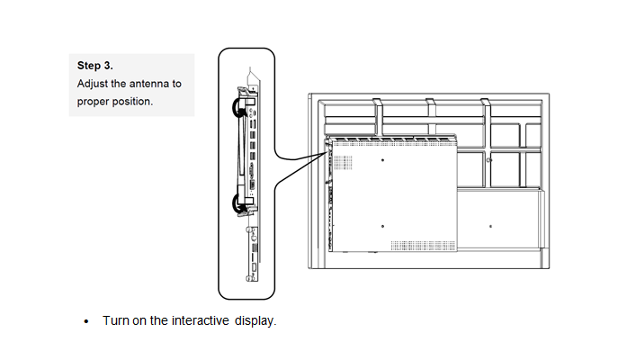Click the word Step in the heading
(88, 66)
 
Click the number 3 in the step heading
(108, 66)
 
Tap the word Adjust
(94, 83)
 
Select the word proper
(95, 101)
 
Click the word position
(133, 101)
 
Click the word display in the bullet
(255, 321)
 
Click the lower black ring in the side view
(239, 203)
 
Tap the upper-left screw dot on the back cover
(383, 159)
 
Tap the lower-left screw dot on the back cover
(383, 225)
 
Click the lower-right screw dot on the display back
(489, 225)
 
